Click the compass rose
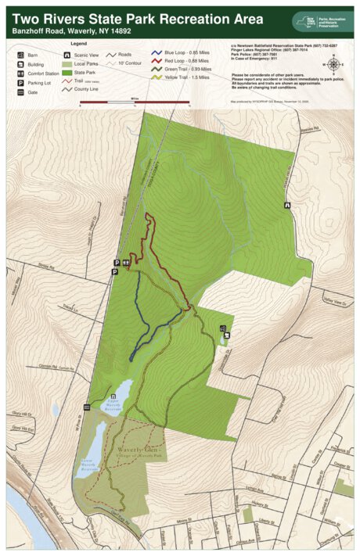tap(334, 64)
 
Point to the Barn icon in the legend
tap(21, 56)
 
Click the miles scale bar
tap(135, 102)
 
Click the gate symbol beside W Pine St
tap(87, 407)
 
